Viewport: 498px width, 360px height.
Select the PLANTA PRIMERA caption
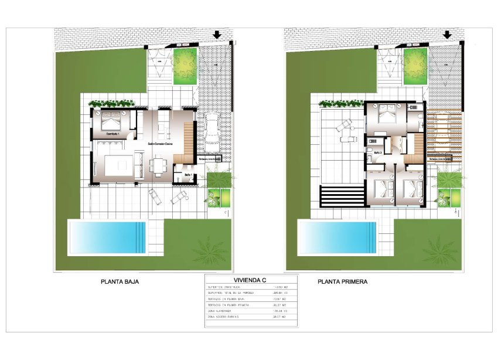[343, 281]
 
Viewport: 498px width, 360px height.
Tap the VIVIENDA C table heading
[251, 280]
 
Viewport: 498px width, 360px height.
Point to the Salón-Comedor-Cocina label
[159, 143]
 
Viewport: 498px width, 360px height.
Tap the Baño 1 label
[187, 175]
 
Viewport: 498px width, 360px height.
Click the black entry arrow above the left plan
[217, 35]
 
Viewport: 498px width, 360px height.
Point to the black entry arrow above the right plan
[447, 35]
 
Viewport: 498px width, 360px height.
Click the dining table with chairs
[159, 165]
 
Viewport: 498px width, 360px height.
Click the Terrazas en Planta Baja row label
[228, 299]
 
